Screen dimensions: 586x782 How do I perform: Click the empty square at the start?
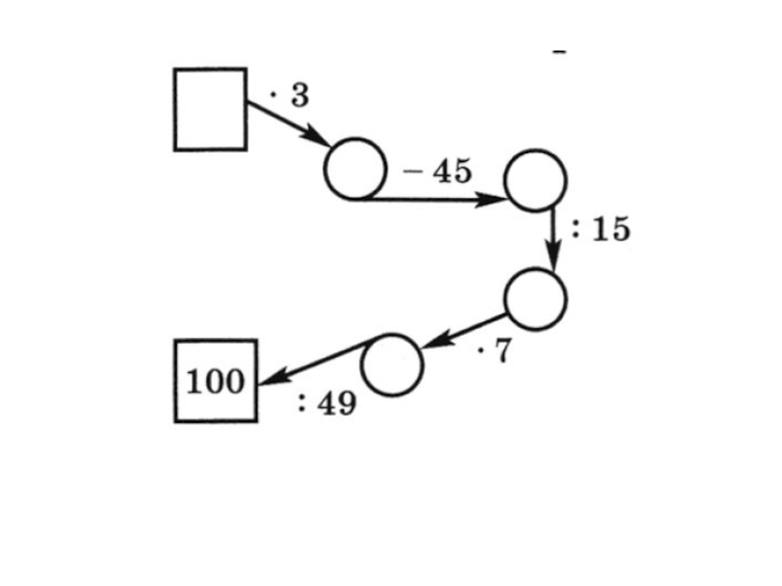pyautogui.click(x=210, y=109)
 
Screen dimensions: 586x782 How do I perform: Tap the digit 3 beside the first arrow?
pyautogui.click(x=298, y=96)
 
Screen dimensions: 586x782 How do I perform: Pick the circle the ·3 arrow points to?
pyautogui.click(x=355, y=168)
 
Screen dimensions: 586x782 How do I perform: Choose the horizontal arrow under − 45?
pyautogui.click(x=430, y=199)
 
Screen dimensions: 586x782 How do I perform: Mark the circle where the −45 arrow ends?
pyautogui.click(x=534, y=181)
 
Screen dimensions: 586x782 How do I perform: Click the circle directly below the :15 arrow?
pyautogui.click(x=535, y=298)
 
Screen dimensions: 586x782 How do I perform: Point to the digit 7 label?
pyautogui.click(x=500, y=352)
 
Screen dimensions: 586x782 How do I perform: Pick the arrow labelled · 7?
pyautogui.click(x=464, y=331)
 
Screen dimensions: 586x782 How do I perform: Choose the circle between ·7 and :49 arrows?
pyautogui.click(x=392, y=364)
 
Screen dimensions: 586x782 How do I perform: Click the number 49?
pyautogui.click(x=336, y=402)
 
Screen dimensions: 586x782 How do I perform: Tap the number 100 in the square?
pyautogui.click(x=215, y=381)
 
